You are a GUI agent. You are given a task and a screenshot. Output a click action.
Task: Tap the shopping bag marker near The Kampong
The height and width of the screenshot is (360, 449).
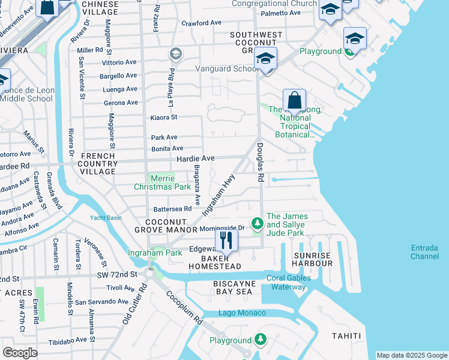coord(294,100)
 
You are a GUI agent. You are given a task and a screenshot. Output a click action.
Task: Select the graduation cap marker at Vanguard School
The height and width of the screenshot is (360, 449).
coord(265,59)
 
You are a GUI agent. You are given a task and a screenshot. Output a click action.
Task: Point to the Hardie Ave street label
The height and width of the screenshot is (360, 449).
coord(195,158)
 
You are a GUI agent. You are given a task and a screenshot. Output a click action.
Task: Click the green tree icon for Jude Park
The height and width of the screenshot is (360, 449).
coord(258,223)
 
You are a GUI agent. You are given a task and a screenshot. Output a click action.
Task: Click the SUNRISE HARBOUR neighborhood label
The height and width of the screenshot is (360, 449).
coord(312,260)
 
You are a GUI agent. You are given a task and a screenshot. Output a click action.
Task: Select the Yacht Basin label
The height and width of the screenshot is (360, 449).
coord(106,218)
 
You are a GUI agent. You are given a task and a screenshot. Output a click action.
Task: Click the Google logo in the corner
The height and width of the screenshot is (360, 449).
coord(20,353)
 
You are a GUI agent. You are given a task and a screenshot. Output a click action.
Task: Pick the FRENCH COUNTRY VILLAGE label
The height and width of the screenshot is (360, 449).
coord(100,163)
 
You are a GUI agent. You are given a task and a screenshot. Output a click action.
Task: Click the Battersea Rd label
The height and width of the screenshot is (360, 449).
coord(172,209)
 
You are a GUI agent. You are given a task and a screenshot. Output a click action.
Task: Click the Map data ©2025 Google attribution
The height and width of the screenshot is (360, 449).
coord(411,355)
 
